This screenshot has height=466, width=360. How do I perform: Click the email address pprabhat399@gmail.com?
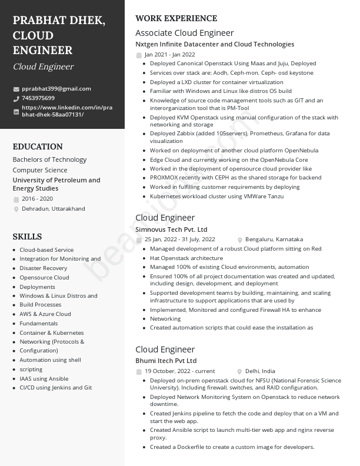(x=56, y=89)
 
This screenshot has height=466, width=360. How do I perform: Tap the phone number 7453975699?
(x=38, y=98)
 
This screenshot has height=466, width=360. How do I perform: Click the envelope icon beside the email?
(x=16, y=89)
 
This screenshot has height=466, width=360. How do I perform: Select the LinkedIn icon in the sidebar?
(x=16, y=111)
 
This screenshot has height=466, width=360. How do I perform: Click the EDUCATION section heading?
(x=38, y=147)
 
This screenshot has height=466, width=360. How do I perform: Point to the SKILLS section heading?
(x=27, y=237)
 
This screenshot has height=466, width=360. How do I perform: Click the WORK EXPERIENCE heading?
(x=176, y=18)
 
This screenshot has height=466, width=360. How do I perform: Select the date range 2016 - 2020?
(x=37, y=199)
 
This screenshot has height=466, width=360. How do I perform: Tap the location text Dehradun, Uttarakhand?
(x=54, y=209)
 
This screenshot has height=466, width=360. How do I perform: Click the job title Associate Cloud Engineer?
(x=184, y=33)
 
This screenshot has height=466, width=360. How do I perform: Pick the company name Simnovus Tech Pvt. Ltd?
(x=171, y=229)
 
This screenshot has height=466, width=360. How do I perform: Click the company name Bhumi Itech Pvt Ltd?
(x=166, y=361)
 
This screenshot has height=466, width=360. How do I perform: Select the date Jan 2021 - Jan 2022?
(x=169, y=55)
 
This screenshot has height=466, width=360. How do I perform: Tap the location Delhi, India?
(x=260, y=371)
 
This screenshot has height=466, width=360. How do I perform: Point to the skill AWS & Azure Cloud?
(x=45, y=314)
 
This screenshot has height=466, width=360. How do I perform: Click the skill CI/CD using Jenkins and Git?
(x=56, y=388)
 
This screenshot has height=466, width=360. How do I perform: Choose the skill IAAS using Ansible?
(x=44, y=379)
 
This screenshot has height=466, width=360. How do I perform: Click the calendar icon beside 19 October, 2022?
(x=139, y=372)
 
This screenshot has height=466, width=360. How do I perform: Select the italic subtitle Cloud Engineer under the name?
(x=43, y=66)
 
